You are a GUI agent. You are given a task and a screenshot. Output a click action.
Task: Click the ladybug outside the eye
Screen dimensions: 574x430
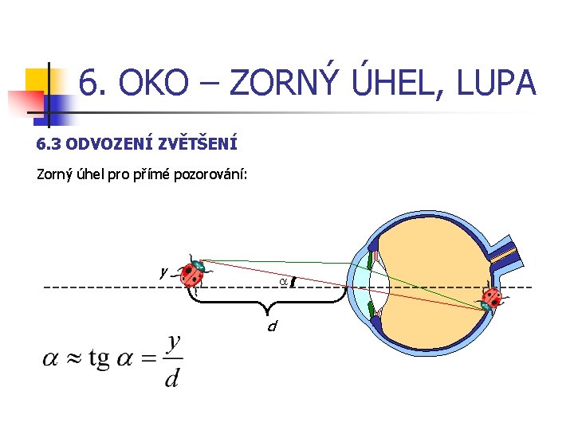(193, 272)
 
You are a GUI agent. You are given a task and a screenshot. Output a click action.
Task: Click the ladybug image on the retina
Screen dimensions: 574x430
(491, 299)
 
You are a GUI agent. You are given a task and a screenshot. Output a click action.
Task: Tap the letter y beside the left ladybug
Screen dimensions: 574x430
(163, 272)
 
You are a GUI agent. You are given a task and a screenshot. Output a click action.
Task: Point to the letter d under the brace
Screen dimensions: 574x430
(272, 326)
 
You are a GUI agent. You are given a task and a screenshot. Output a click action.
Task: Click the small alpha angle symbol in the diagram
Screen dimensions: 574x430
(283, 281)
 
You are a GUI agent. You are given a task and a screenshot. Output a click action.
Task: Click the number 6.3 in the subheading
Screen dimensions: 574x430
(49, 144)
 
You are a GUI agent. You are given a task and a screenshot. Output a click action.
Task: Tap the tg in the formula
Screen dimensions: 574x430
(100, 360)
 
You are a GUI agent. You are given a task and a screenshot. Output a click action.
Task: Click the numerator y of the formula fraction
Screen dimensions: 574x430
(174, 342)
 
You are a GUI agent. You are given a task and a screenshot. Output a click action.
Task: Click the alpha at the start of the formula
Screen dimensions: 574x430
(50, 360)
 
